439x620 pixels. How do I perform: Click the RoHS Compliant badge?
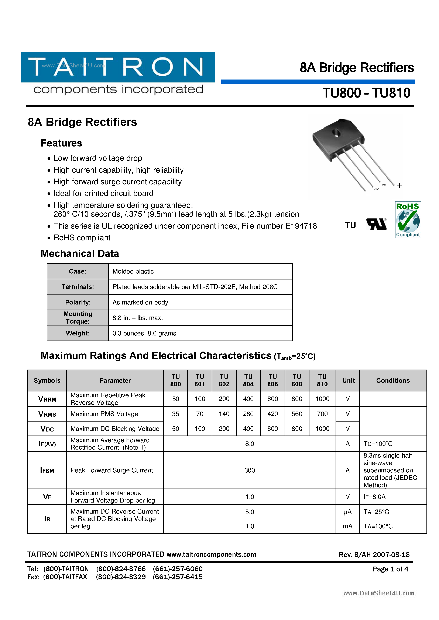point(408,219)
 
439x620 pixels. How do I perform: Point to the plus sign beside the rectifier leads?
point(399,186)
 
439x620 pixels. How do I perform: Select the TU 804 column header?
point(248,380)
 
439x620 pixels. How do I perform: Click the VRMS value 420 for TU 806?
point(272,414)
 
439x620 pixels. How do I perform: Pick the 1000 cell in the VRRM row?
point(322,399)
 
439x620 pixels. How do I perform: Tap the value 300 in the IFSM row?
point(249,470)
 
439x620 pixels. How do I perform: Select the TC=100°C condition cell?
point(378,444)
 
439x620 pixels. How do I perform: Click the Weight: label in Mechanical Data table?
point(78,333)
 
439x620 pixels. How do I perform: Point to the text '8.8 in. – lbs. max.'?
point(138,318)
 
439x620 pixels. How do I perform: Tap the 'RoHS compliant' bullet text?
point(82,238)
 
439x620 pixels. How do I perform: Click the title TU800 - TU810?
point(366,93)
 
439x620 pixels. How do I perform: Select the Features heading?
point(61,143)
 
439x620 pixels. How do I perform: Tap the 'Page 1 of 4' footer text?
point(390,569)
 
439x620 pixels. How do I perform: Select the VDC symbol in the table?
point(47,429)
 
